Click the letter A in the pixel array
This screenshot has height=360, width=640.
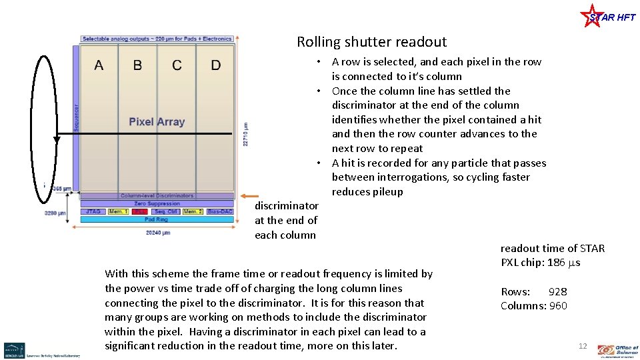point(99,65)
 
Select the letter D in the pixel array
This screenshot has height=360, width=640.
point(216,65)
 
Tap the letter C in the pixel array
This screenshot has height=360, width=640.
point(177,65)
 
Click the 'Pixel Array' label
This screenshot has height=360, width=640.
point(157,122)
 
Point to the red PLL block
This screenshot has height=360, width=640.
point(139,211)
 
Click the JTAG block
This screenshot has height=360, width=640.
point(93,211)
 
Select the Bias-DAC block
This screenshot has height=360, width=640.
point(219,211)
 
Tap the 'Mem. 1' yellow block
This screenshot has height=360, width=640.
point(118,211)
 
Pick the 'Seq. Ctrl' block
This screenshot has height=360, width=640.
point(165,211)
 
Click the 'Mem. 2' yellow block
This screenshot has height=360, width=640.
point(193,211)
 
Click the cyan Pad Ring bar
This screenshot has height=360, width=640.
point(157,219)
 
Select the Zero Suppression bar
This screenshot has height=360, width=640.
point(157,203)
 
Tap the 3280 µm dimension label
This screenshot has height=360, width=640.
point(55,213)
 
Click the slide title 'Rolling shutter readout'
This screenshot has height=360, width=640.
point(371,42)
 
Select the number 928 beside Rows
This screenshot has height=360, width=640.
point(557,291)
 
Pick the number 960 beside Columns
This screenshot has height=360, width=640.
point(557,306)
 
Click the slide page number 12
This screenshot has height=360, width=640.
point(583,346)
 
